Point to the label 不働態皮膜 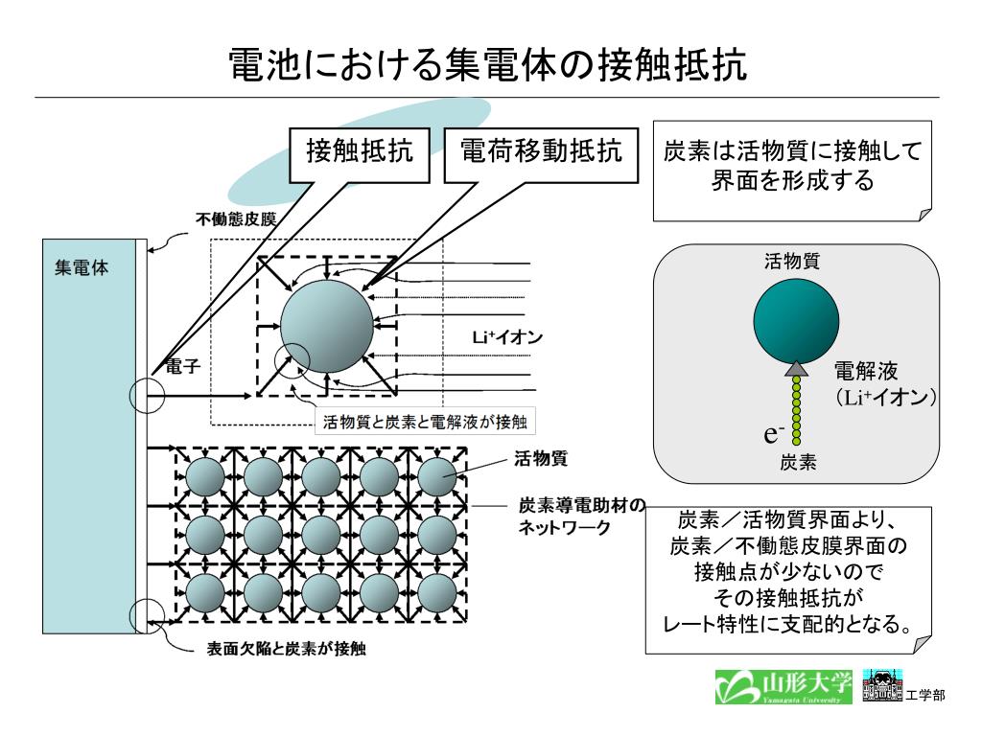[236, 219]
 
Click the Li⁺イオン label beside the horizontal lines [508, 336]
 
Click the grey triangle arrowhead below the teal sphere [797, 367]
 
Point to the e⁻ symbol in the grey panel [775, 433]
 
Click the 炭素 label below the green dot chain [798, 462]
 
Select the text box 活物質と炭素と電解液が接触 [427, 421]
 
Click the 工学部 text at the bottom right [925, 694]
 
